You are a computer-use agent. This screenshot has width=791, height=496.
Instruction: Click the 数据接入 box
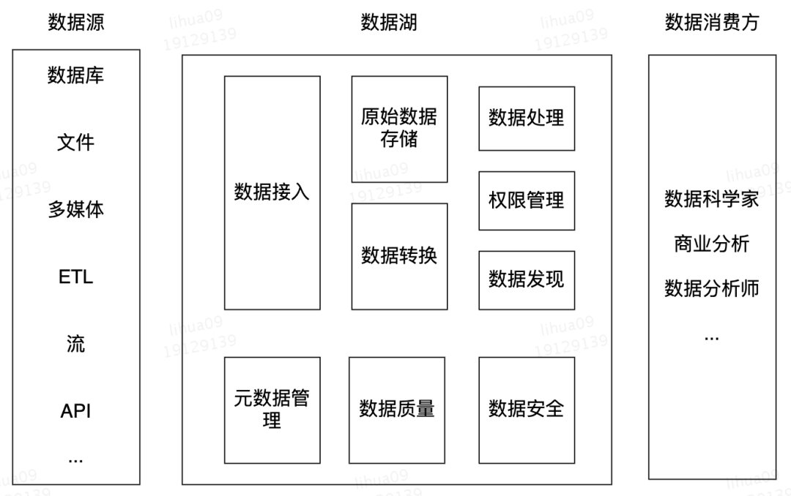pos(272,192)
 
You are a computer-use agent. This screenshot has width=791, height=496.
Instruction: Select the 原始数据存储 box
pos(399,129)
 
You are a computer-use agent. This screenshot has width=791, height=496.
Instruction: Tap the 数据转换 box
pos(399,256)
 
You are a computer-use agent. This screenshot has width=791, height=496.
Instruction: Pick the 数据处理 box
pos(527,119)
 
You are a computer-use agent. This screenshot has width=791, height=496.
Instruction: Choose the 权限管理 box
pos(527,200)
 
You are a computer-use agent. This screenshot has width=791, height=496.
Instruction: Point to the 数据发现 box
pos(527,279)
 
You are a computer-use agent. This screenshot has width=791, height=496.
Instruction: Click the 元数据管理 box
pos(272,410)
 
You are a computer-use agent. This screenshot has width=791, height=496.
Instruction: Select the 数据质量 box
pos(397,410)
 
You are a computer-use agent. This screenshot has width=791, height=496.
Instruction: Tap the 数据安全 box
pos(527,410)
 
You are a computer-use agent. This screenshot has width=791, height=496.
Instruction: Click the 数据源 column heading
pos(76,23)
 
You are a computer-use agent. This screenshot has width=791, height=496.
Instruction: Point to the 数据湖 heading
pos(389,23)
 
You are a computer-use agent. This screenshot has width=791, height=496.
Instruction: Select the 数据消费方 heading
pos(712,23)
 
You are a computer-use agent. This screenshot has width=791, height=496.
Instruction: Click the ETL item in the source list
pos(76,277)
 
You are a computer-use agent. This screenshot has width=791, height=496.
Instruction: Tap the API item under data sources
pos(76,411)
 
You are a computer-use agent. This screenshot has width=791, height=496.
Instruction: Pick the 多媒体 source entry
pos(76,210)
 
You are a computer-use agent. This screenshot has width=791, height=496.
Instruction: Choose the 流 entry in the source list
pos(76,344)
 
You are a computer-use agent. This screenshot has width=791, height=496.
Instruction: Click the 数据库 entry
pos(76,75)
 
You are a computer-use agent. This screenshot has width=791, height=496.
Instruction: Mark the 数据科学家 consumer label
pos(712,200)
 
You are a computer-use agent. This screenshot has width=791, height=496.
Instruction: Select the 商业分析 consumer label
pos(712,244)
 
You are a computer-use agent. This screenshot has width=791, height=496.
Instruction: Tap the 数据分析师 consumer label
pos(712,289)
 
